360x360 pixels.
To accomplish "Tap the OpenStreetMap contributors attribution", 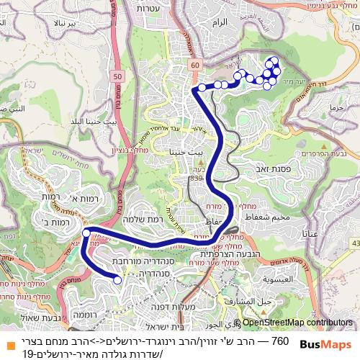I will (x=297, y=323).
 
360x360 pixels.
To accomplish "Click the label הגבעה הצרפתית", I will (x=217, y=253).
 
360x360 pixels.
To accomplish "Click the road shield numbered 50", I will (x=117, y=77).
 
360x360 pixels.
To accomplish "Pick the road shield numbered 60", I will (x=195, y=66).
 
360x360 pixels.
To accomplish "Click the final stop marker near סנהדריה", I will (x=117, y=281).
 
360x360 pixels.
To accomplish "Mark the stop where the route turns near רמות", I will (x=86, y=233).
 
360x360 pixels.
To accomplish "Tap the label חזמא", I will (x=336, y=107).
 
